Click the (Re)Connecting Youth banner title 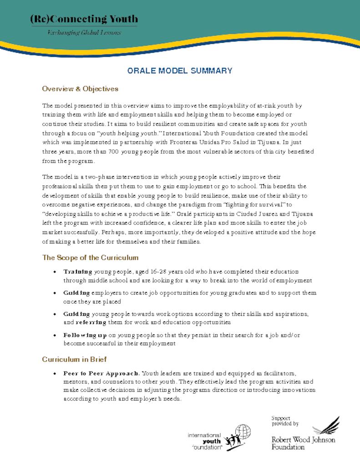[84, 19]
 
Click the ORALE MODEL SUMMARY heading [180, 71]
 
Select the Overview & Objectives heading [80, 89]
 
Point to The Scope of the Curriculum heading [90, 258]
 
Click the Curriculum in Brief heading [75, 360]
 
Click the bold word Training [78, 272]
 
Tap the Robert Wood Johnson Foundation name [303, 444]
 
